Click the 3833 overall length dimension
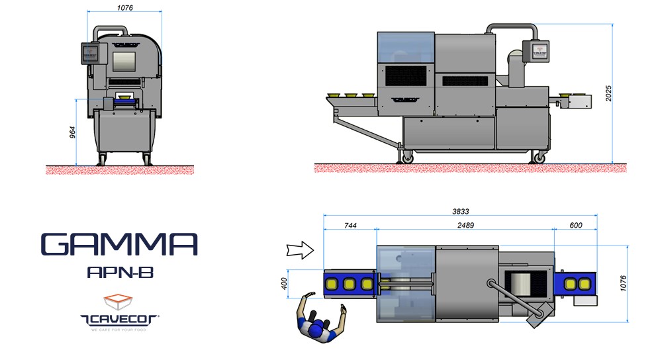460,212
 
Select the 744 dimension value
350,226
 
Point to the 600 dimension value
575,226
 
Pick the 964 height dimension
73,132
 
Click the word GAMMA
119,245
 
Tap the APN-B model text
120,273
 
